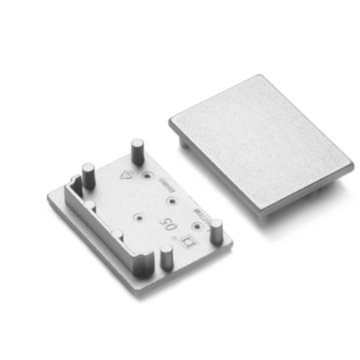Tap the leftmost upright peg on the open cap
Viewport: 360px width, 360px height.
coord(88,176)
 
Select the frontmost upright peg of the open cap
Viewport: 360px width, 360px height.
coord(166,256)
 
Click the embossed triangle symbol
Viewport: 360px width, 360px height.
coord(127,175)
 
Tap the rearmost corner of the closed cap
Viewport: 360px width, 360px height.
coord(260,76)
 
